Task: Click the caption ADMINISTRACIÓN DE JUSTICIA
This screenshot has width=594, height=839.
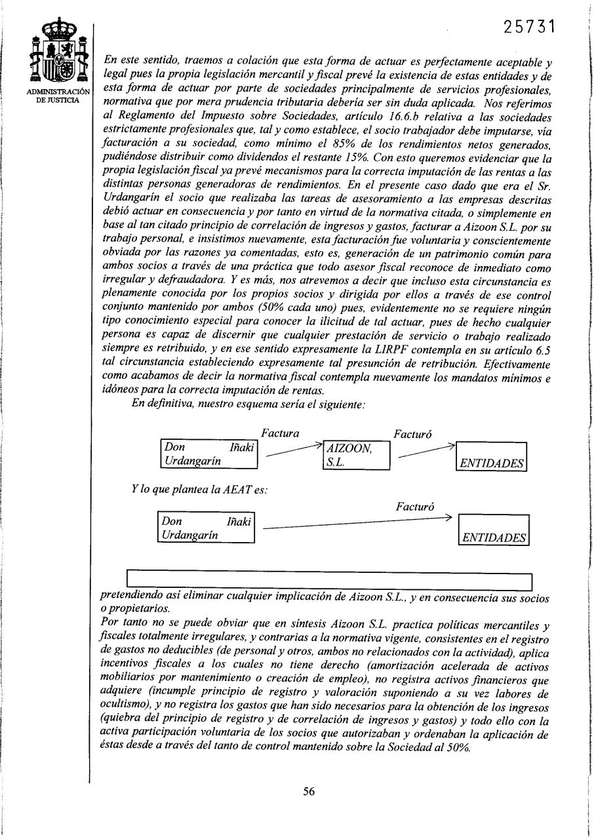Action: click(61, 96)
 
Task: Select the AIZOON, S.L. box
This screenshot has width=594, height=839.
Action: click(357, 455)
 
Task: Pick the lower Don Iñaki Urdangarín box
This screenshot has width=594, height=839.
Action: click(207, 528)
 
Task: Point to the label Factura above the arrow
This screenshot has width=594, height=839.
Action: click(280, 433)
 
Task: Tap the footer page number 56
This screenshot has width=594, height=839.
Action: click(309, 791)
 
